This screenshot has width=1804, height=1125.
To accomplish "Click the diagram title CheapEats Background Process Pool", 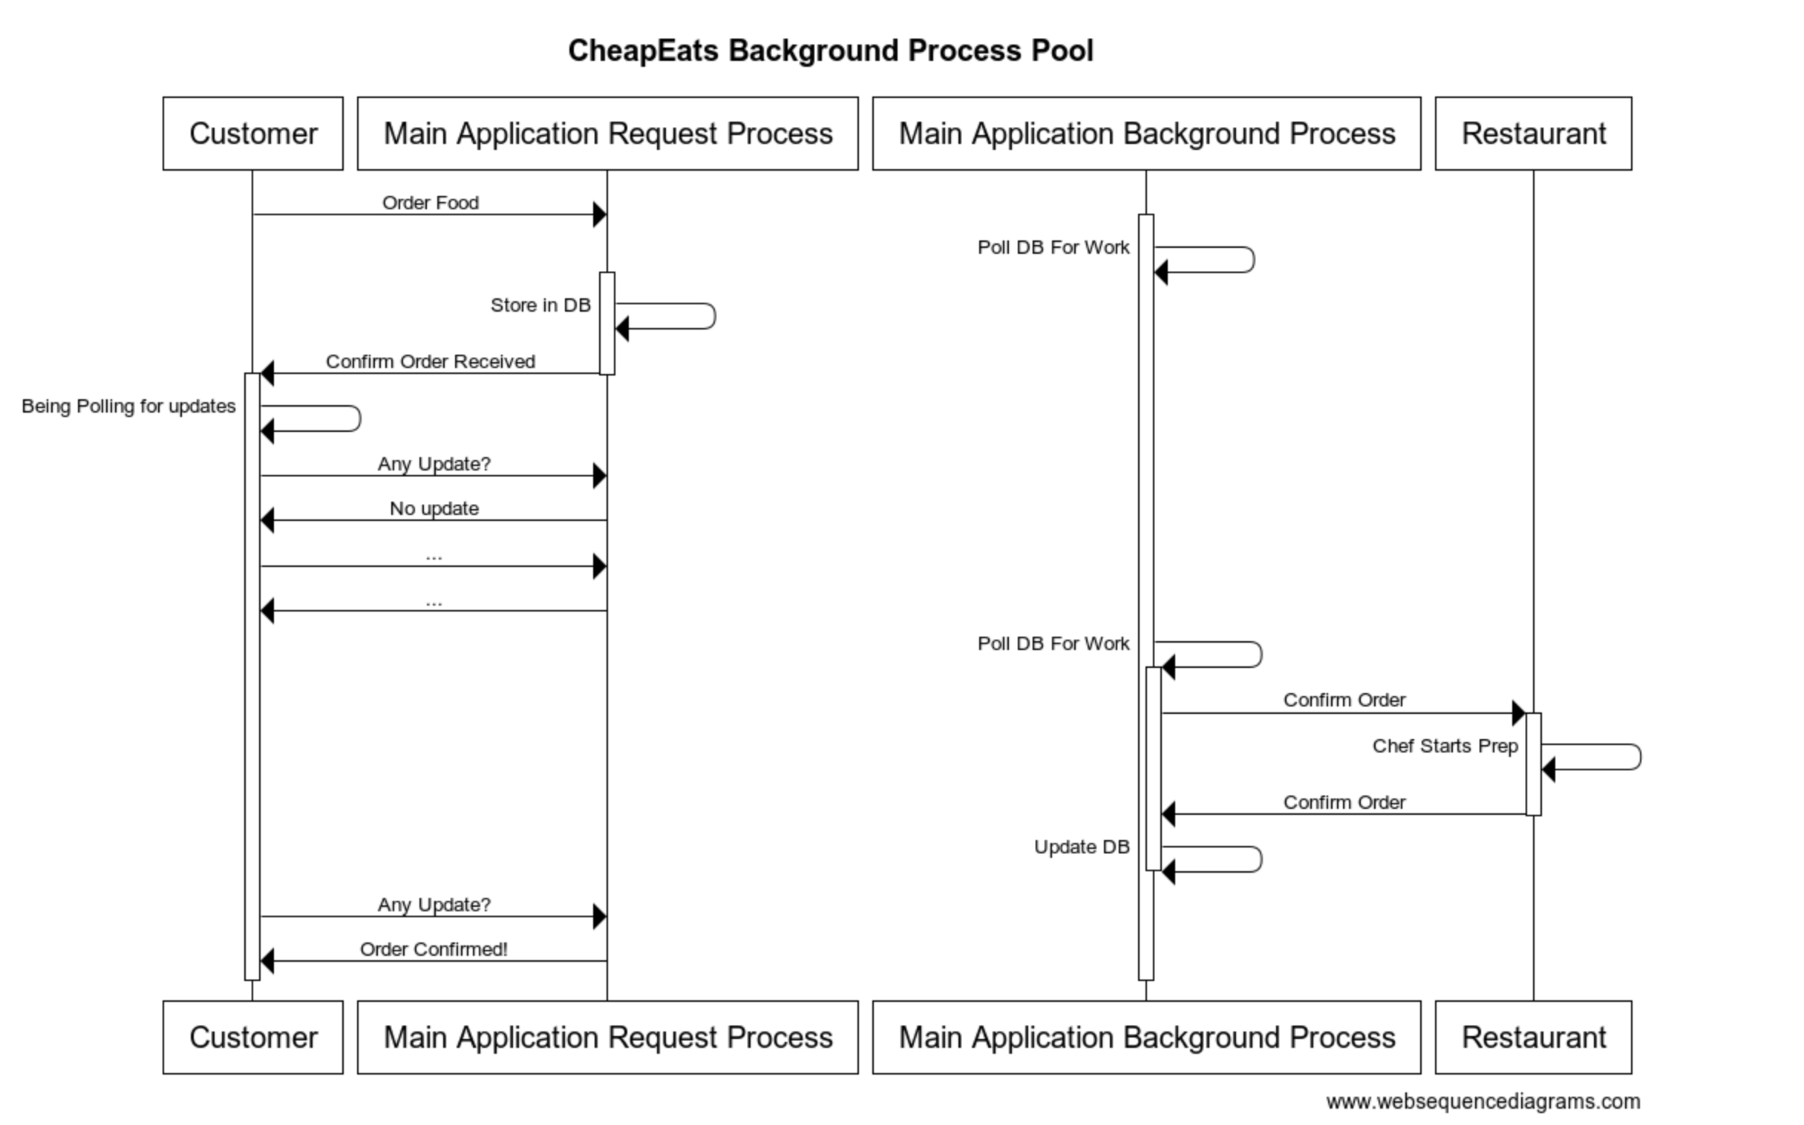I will tap(830, 51).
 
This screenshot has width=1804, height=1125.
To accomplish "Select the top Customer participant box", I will tap(253, 134).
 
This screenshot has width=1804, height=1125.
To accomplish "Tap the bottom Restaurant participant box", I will tap(1533, 1037).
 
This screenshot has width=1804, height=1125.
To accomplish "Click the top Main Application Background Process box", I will tap(1146, 134).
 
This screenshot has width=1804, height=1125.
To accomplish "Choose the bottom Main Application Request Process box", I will tap(607, 1037).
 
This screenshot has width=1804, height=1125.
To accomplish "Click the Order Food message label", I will tap(430, 203).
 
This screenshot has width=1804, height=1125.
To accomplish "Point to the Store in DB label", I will tap(540, 305).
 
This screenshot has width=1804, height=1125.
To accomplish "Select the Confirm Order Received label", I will tap(430, 361).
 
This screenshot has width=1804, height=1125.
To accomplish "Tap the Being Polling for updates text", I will tap(128, 406).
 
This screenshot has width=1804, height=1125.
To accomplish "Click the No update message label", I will tap(434, 509).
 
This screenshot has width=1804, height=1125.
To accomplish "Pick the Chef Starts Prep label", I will tap(1445, 747).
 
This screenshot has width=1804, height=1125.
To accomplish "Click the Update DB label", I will tap(1082, 847).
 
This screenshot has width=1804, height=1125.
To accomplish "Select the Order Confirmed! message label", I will tap(434, 950).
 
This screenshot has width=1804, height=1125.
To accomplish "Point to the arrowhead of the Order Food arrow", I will tap(599, 215).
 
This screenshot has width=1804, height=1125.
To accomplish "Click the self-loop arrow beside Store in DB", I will tap(713, 316).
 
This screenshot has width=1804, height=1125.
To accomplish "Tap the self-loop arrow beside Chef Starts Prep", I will tap(1638, 757).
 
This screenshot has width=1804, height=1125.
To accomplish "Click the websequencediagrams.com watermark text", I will tap(1483, 1102).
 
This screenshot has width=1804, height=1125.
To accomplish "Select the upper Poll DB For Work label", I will tap(1053, 248).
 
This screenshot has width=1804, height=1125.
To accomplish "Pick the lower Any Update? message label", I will tap(434, 905).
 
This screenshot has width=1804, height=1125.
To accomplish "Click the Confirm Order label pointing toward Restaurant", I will tap(1344, 700).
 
